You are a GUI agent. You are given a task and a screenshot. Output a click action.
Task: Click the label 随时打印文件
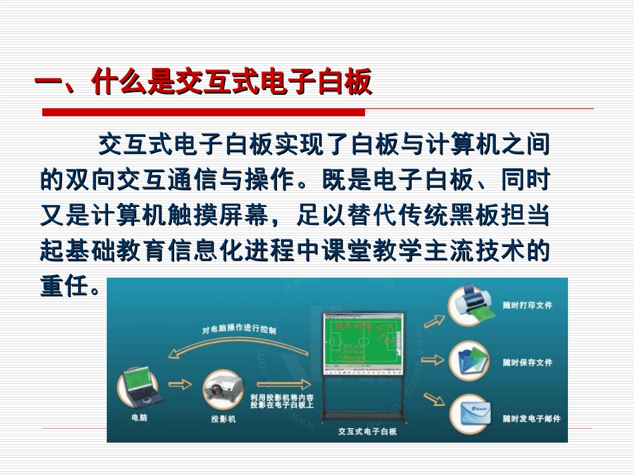point(527,305)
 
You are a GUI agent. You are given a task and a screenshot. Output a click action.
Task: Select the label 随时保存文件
point(527,363)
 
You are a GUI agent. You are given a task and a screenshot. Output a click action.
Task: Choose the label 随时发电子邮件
point(531,419)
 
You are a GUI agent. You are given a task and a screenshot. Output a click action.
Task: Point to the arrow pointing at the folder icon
point(433,361)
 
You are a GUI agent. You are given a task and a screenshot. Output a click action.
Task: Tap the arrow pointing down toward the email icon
point(434,399)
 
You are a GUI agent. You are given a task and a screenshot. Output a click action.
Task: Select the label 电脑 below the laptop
point(139,418)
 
